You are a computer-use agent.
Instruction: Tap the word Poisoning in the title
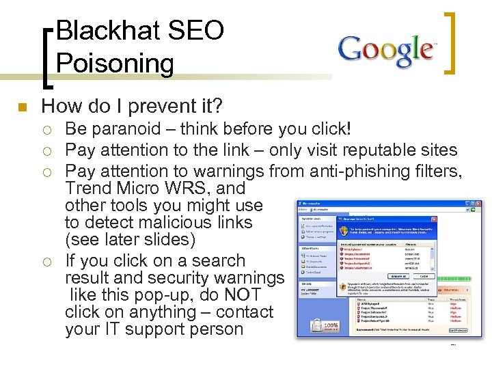(115, 64)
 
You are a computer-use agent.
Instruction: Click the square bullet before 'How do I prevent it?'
(21, 107)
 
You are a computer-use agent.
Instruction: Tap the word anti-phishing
(329, 171)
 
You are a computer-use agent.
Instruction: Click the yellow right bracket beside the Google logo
(451, 42)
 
